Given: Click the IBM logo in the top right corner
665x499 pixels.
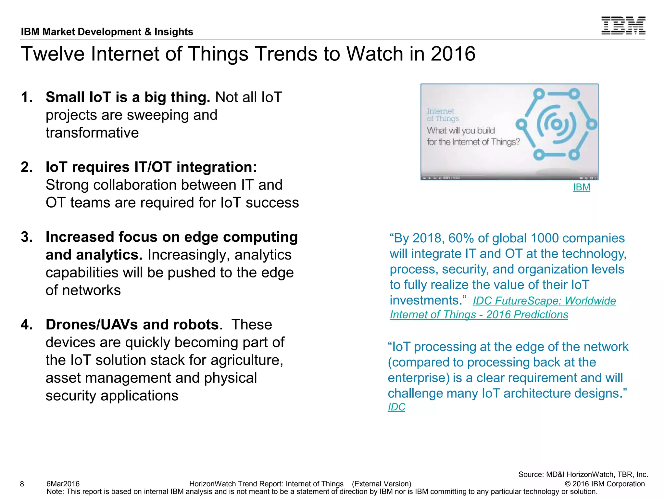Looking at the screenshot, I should (x=623, y=25).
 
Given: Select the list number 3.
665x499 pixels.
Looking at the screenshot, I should (x=27, y=237).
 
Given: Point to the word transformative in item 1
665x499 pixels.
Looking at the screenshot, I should (x=92, y=133).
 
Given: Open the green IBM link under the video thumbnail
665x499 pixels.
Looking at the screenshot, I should (x=581, y=187).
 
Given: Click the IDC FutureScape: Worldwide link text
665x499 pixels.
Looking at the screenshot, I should (x=544, y=301).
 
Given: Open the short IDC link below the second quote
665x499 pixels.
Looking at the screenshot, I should (x=396, y=407).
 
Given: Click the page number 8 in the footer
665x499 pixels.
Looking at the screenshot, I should (x=22, y=484).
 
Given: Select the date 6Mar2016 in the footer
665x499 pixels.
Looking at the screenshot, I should (x=63, y=484).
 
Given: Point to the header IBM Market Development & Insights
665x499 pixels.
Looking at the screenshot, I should (x=107, y=32).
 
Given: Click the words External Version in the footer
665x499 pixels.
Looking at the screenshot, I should (x=382, y=484).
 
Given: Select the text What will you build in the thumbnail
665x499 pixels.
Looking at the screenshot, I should (x=460, y=131).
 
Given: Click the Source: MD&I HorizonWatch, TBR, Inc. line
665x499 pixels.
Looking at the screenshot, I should (x=583, y=474).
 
